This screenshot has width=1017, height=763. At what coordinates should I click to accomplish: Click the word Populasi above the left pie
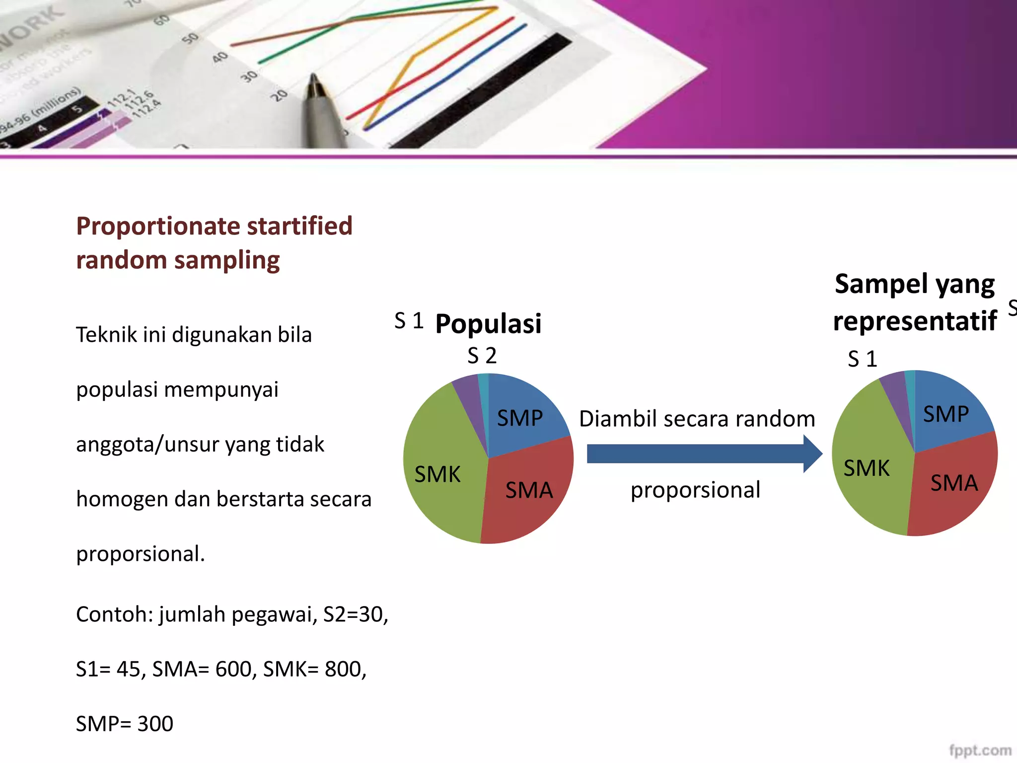pos(488,324)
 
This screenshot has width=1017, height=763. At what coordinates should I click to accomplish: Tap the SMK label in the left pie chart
pos(437,474)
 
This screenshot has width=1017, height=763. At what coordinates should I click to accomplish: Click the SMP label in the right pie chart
pos(945,414)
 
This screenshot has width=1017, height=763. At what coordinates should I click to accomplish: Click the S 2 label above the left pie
pos(482,356)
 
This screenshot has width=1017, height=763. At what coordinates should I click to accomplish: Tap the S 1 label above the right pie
pos(862,359)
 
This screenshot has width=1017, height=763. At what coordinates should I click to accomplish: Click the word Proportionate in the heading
pos(158,226)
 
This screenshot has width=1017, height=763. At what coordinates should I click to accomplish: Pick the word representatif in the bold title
pos(915,321)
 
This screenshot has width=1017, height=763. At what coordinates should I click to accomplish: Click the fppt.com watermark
pos(980,750)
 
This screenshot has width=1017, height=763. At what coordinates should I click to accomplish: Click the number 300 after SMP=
pos(155,724)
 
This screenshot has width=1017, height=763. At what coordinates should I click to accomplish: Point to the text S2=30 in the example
pos(355,614)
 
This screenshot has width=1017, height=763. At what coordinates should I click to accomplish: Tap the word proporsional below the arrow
pos(695,490)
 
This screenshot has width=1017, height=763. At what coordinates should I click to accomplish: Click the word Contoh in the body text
pos(114,614)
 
